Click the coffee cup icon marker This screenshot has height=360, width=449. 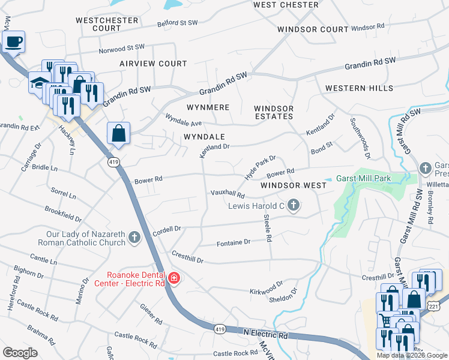coord(13,42)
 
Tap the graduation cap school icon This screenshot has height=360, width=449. coord(40,82)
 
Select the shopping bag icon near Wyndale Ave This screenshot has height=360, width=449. coord(118,133)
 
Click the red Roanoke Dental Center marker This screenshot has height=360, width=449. coord(174,278)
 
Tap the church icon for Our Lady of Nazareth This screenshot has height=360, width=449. coord(134,238)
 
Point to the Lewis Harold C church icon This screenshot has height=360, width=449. coord(294,206)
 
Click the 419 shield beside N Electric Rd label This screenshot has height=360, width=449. coord(220,329)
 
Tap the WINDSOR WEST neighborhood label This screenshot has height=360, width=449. coord(294,185)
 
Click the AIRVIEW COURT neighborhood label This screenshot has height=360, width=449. coord(153,63)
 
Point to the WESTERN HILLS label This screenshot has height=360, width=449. coord(359,88)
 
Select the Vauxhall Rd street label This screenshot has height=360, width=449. coord(228,194)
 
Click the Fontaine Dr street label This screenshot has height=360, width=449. coord(233,242)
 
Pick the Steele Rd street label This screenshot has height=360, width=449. coord(268,230)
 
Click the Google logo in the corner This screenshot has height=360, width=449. coord(21,352)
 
